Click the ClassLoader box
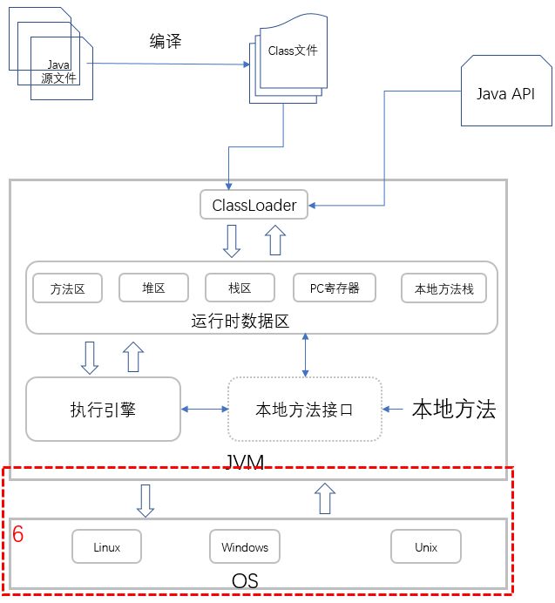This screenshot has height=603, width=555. point(254,206)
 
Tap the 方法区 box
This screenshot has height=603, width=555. point(67,288)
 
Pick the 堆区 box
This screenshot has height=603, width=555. point(153,288)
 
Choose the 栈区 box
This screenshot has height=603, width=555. point(240,288)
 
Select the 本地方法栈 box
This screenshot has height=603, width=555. point(443,288)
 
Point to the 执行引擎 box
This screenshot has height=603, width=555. point(103,409)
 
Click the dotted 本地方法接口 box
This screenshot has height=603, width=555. point(304,410)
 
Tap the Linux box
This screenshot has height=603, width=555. point(106,547)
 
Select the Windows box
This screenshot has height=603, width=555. point(245,547)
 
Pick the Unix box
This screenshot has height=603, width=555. point(425,547)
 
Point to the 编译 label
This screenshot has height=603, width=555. point(166,41)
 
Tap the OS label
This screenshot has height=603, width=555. point(245,579)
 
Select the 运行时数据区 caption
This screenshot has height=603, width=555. point(240,321)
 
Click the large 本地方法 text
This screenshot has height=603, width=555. point(453,410)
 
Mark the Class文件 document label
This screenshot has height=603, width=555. point(293,51)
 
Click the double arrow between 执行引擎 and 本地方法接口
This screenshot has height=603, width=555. point(204,409)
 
